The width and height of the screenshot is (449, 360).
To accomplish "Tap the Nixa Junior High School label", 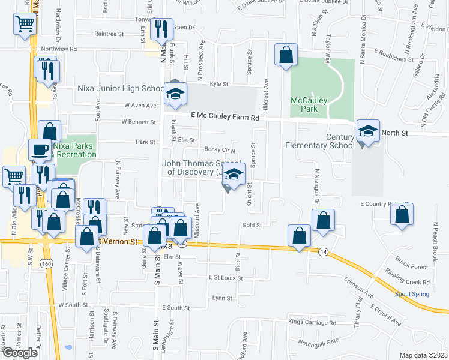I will click(x=121, y=89).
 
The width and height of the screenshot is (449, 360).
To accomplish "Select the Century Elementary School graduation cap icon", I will click(x=368, y=131).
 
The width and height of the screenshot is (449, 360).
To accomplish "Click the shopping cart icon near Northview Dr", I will click(x=25, y=25).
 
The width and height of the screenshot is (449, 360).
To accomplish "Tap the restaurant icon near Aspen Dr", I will click(x=160, y=29).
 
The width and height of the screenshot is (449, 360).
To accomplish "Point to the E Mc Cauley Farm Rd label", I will click(x=225, y=118).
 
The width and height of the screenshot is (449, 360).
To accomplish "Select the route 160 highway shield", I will click(x=46, y=263).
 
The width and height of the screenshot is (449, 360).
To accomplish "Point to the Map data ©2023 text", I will click(x=423, y=355).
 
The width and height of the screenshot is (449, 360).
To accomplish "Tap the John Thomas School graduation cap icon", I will click(x=234, y=175).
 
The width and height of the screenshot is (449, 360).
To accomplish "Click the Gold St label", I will click(x=252, y=226).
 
